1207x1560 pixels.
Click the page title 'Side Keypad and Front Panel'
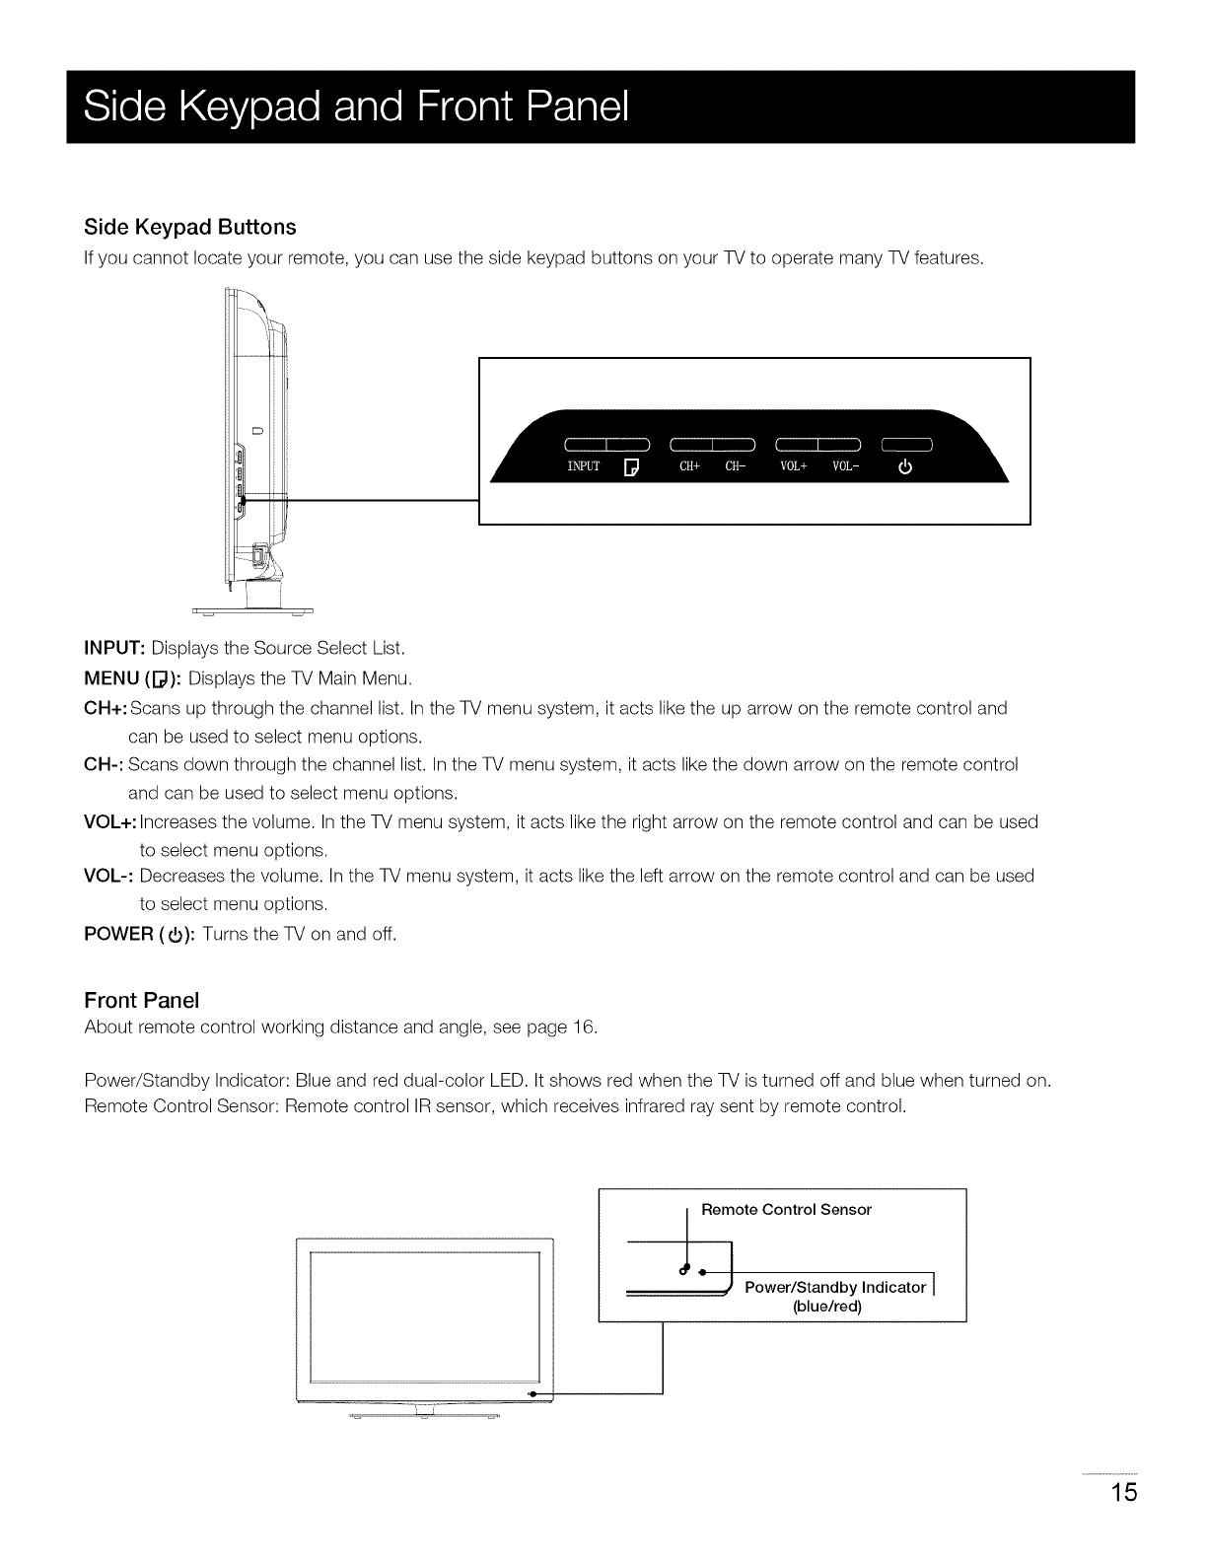[356, 107]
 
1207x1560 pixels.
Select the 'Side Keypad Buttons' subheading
[190, 227]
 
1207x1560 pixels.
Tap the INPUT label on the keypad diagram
[584, 467]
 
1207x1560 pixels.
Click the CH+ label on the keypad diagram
[689, 467]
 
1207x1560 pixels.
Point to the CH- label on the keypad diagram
[736, 467]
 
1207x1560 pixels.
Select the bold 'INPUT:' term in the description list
[115, 649]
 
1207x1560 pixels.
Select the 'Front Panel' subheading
[142, 1000]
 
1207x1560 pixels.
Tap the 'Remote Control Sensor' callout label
[786, 1209]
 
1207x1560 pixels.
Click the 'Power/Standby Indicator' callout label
[835, 1287]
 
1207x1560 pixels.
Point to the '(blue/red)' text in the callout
[827, 1307]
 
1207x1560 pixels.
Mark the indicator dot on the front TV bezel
[532, 1393]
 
